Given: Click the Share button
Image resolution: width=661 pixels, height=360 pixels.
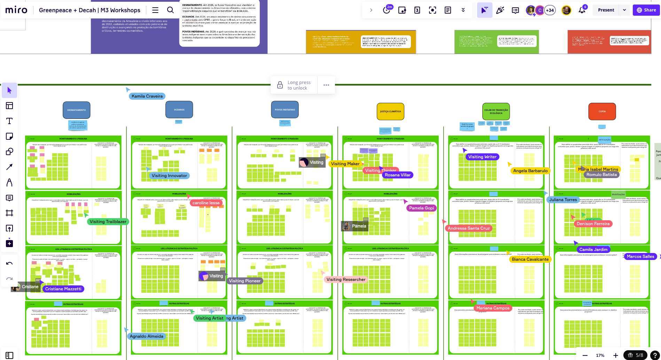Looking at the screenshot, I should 646,10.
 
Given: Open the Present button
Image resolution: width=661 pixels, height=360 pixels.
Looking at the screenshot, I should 606,10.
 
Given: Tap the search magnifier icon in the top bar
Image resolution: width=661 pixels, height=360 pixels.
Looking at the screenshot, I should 170,10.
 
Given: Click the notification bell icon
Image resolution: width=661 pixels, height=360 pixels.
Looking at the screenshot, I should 582,10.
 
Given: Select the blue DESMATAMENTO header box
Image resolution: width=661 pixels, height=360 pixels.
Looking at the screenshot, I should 77,110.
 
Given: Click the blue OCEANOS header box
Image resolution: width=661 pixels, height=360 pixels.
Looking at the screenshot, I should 179,110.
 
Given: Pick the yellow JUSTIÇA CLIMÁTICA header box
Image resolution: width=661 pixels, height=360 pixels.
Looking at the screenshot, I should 390,112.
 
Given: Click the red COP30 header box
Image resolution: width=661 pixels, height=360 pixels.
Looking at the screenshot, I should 602,112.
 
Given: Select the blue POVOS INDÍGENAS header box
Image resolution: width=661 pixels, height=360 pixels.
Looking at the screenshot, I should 285,110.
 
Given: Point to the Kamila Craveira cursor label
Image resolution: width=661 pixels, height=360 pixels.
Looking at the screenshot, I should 147,96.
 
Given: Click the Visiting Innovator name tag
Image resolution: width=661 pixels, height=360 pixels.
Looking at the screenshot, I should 169,176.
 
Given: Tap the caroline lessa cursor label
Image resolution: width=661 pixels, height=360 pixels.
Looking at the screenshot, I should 206,203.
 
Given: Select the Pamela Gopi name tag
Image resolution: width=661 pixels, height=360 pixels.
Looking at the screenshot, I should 421,208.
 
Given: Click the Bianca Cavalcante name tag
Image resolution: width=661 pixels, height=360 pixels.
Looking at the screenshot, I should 530,259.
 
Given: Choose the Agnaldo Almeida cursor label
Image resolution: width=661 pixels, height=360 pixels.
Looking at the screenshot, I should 146,336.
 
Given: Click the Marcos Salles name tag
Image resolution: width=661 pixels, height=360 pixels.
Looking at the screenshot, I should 640,256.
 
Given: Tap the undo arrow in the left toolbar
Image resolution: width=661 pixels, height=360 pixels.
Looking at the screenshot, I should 9,263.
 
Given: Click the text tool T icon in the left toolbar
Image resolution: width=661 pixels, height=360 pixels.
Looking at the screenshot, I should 9,121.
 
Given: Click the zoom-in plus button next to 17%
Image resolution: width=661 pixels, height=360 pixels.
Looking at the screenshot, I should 616,355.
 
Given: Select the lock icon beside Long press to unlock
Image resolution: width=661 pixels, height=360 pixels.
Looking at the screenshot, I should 280,85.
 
